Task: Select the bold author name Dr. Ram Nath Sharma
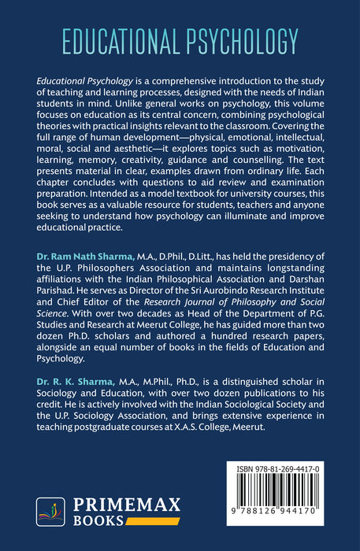[x=81, y=256]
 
